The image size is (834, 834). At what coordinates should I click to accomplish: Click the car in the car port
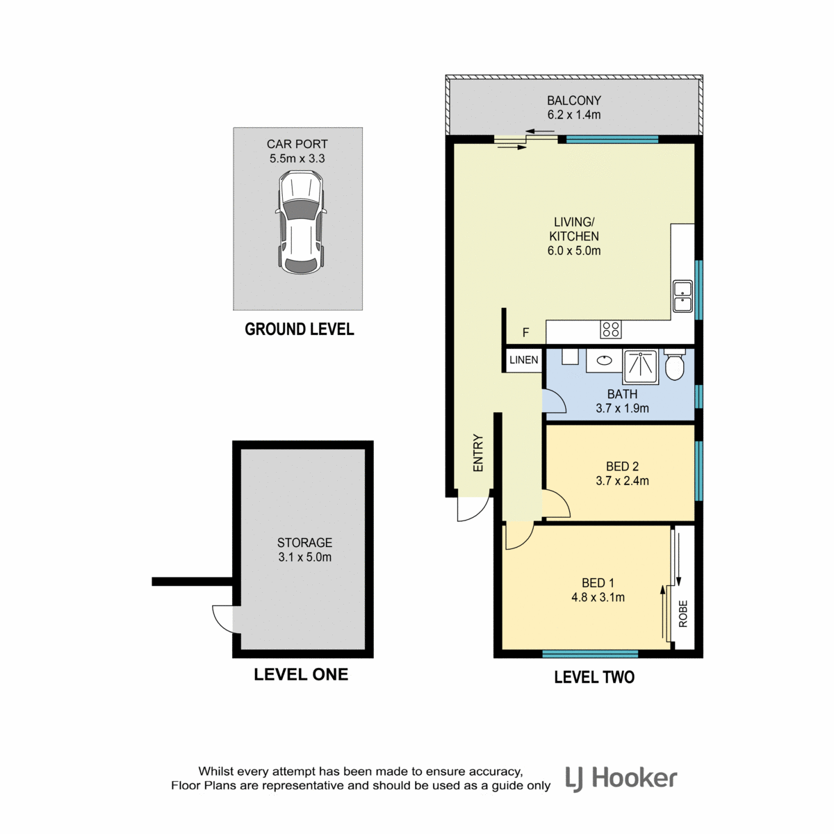[x=300, y=222]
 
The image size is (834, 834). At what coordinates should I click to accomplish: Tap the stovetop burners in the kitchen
[x=610, y=329]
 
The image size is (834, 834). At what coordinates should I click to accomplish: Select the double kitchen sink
[x=682, y=296]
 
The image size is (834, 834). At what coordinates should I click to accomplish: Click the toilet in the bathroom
[x=674, y=364]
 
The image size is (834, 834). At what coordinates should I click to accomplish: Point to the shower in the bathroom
[x=641, y=367]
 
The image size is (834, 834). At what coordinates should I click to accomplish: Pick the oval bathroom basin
[x=604, y=359]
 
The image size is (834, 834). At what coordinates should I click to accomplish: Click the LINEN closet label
[x=524, y=359]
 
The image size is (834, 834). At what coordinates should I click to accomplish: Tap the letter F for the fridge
[x=525, y=332]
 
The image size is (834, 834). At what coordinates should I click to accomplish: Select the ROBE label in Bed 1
[x=683, y=614]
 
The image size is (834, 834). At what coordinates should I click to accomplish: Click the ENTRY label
[x=477, y=452]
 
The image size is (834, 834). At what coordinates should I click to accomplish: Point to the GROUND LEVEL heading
[x=299, y=329]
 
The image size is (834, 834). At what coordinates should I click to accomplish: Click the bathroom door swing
[x=555, y=401]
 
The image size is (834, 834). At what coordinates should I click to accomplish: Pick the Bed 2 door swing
[x=557, y=503]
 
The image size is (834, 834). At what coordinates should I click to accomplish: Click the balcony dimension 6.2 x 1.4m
[x=574, y=115]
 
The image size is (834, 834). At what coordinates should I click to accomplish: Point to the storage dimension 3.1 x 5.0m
[x=304, y=557]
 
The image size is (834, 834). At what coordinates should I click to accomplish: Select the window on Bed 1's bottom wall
[x=590, y=653]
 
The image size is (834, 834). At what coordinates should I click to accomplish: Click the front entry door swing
[x=476, y=510]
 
